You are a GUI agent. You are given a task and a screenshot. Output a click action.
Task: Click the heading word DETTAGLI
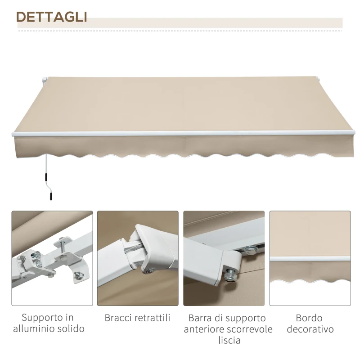coord(51,17)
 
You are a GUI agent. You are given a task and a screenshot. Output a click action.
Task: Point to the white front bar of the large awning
coord(180,133)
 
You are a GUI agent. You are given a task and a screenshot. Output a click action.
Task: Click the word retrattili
coord(152,318)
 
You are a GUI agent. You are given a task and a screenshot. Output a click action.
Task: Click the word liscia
coord(228,340)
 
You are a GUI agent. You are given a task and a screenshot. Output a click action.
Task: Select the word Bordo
coord(309,318)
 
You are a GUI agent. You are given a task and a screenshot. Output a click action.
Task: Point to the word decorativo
coord(310,329)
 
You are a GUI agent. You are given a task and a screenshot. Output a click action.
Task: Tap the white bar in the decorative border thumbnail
coord(310,259)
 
